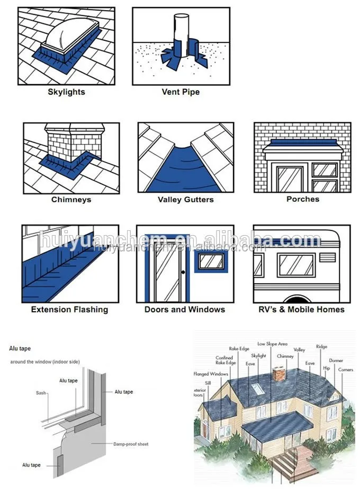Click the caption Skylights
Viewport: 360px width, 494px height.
(x=66, y=92)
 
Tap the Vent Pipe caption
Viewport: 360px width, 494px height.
(x=181, y=92)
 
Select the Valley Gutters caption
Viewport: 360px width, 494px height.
(x=185, y=200)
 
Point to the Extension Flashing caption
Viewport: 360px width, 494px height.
(x=69, y=309)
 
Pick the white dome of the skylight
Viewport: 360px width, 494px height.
(x=68, y=35)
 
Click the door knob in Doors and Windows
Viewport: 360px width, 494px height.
(x=183, y=272)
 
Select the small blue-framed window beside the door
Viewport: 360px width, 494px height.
(x=210, y=262)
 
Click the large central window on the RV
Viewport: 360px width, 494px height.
(x=296, y=265)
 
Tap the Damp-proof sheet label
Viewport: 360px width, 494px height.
(x=130, y=444)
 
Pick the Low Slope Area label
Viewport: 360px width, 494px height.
(x=272, y=344)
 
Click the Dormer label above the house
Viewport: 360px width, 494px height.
(x=336, y=361)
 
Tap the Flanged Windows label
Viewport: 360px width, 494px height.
(x=211, y=374)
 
